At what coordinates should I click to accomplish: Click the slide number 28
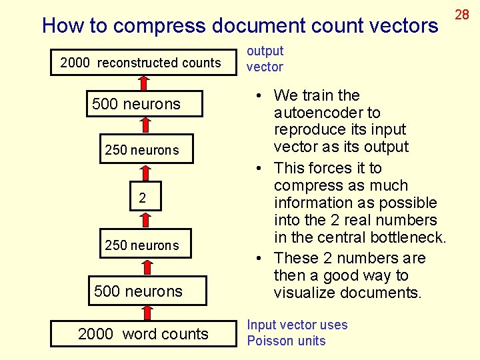pos(462,15)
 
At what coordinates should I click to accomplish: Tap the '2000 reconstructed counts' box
pos(141,63)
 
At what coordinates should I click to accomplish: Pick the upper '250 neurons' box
pos(142,150)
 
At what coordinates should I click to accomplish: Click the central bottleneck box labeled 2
pos(142,197)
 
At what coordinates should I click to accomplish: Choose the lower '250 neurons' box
pos(142,245)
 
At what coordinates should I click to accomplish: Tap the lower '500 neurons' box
pos(138,291)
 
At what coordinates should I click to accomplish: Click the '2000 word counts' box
pos(143,334)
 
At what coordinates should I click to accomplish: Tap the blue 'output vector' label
pos(265,59)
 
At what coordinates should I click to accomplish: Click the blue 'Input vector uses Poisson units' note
pos(297,333)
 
